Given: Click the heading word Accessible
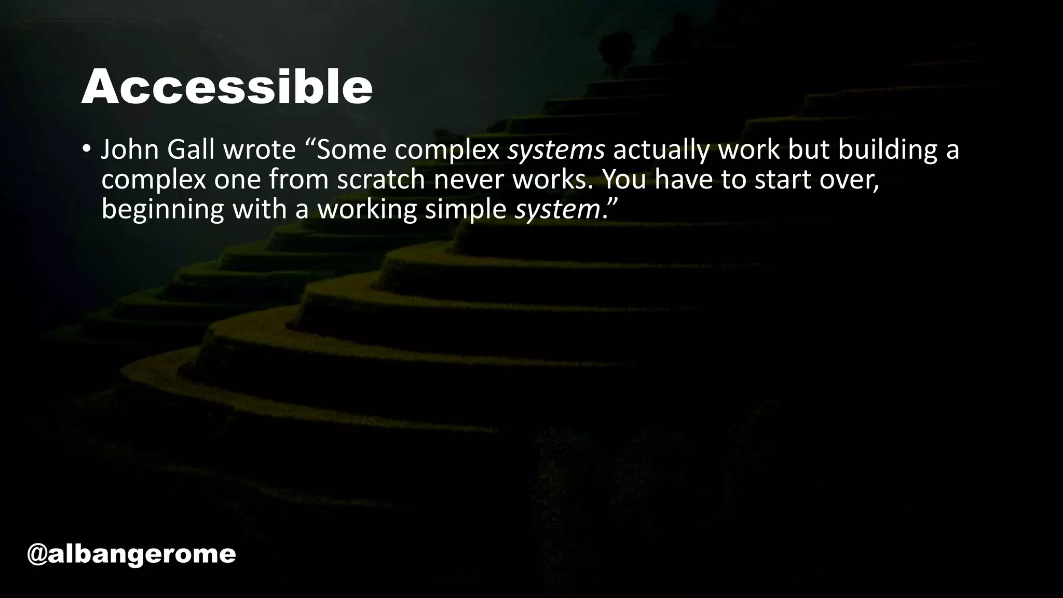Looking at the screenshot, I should click(x=227, y=87).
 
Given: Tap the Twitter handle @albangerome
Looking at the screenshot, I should click(x=131, y=554).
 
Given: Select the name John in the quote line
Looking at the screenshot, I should click(x=130, y=150).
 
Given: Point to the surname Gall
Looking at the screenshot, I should click(x=190, y=150).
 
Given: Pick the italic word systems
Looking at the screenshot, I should click(x=556, y=150).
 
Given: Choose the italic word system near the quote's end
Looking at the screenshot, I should click(x=557, y=209).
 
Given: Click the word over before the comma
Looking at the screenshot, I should click(x=846, y=180).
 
